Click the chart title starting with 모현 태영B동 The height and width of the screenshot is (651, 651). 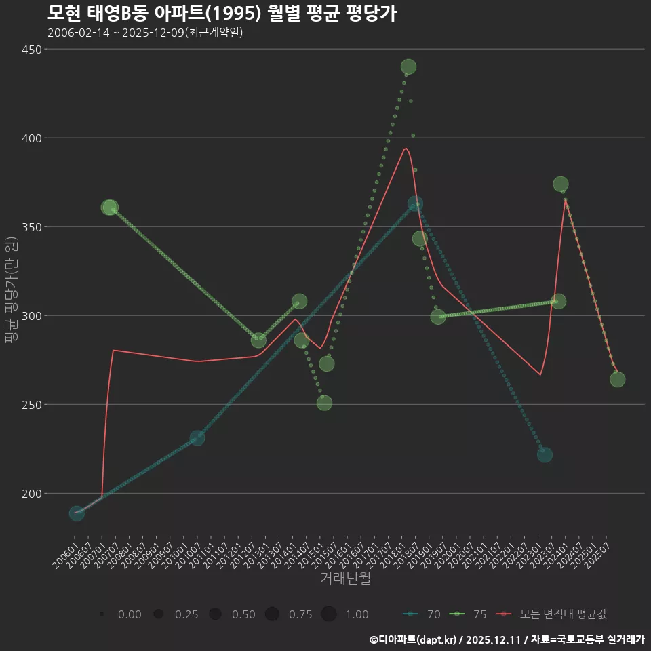point(222,13)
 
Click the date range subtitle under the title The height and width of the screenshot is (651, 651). point(145,33)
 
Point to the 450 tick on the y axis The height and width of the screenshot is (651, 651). point(29,50)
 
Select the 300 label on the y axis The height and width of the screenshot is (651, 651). point(29,316)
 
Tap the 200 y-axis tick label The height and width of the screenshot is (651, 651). point(29,494)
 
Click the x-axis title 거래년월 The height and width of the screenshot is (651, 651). point(345,578)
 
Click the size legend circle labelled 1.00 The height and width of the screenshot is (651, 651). point(329,614)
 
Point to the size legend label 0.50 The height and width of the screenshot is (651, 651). point(243,614)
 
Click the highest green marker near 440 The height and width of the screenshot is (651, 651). point(408,67)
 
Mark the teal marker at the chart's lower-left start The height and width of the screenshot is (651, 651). point(77,513)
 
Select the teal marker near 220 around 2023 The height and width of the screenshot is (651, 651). point(545,455)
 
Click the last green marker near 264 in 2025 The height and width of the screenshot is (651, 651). point(617,380)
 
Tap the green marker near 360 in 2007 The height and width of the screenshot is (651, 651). point(110,207)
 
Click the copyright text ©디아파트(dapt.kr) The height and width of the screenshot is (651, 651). point(413,639)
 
